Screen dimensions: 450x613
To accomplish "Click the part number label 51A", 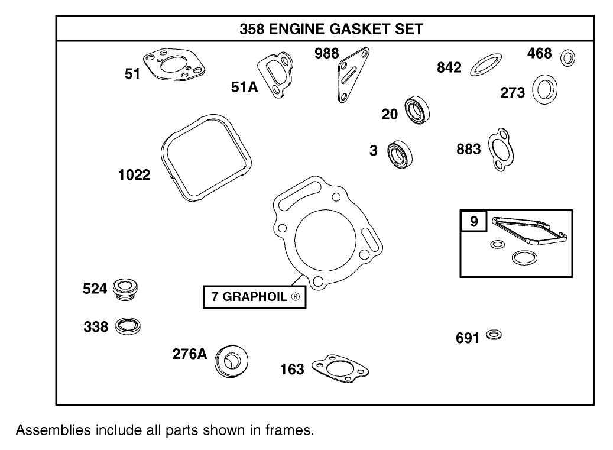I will click(244, 88).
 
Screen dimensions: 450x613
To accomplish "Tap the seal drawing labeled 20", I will click(417, 109).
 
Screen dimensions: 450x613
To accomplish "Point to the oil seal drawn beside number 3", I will click(400, 153).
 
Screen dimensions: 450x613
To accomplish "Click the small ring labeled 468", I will click(568, 58).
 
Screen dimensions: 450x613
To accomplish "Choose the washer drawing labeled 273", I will click(545, 89).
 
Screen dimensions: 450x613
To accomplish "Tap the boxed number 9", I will click(473, 222).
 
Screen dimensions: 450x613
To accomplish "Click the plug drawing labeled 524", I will click(125, 289).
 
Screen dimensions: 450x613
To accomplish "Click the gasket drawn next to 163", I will click(340, 369).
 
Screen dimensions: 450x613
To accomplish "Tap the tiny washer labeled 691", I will click(494, 335).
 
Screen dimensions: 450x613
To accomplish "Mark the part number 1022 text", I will click(133, 175).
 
